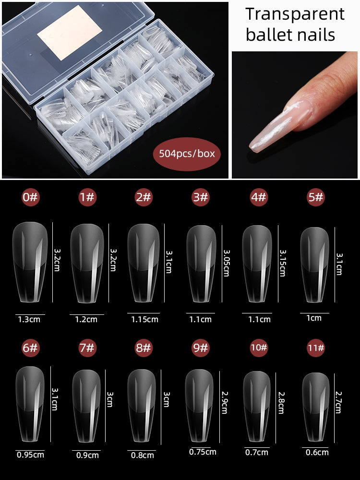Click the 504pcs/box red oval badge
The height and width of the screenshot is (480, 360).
tap(186, 154)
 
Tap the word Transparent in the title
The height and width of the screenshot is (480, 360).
tap(295, 14)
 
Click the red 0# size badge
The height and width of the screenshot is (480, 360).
tap(30, 197)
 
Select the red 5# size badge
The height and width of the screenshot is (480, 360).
tap(316, 197)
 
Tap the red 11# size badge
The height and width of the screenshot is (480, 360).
tap(316, 348)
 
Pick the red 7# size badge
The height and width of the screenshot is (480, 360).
tap(87, 348)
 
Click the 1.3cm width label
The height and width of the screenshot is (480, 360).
tap(29, 319)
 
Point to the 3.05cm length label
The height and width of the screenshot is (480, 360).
tap(227, 263)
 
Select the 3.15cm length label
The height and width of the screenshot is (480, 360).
tap(283, 263)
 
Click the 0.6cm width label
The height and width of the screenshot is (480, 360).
tap(317, 452)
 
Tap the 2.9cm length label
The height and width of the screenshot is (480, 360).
tap(224, 402)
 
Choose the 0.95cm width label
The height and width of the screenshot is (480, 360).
tap(30, 455)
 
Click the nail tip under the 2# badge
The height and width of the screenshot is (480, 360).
tap(143, 263)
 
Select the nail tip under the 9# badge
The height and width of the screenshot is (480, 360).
tap(199, 405)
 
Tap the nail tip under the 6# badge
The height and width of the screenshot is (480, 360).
tap(30, 404)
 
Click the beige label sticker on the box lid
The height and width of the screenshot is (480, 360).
tap(70, 32)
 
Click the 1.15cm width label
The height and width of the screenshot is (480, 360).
tap(144, 319)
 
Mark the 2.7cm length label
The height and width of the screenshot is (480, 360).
tap(338, 402)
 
